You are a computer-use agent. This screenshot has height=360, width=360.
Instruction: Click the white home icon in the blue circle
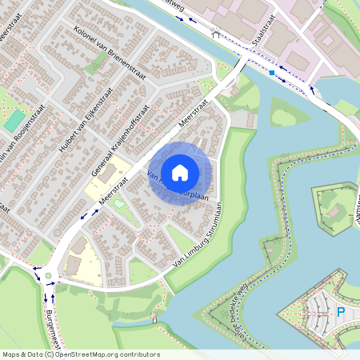point(179,172)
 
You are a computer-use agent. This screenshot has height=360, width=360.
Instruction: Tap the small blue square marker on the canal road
point(272,73)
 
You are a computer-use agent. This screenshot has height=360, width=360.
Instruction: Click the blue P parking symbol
point(340,313)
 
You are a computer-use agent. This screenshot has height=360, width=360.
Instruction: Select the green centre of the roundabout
point(48,277)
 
